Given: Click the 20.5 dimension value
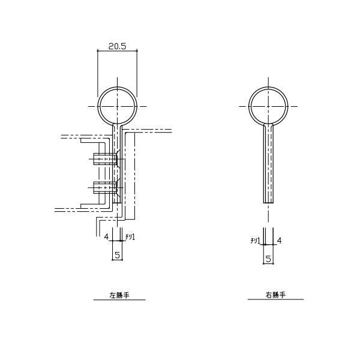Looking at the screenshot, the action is [118, 47].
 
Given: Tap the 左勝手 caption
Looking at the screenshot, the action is [119, 295].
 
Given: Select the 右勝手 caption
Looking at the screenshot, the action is [275, 295].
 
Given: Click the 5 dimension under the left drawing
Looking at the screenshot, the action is [118, 255].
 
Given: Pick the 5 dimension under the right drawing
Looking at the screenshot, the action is [268, 259].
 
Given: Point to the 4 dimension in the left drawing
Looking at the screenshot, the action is [106, 237].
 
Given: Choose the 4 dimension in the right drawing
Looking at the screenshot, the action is [279, 241].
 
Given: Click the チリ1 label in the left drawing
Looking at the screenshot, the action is [130, 237].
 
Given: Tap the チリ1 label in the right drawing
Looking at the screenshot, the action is [256, 241].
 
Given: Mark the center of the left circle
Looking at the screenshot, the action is [118, 107].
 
